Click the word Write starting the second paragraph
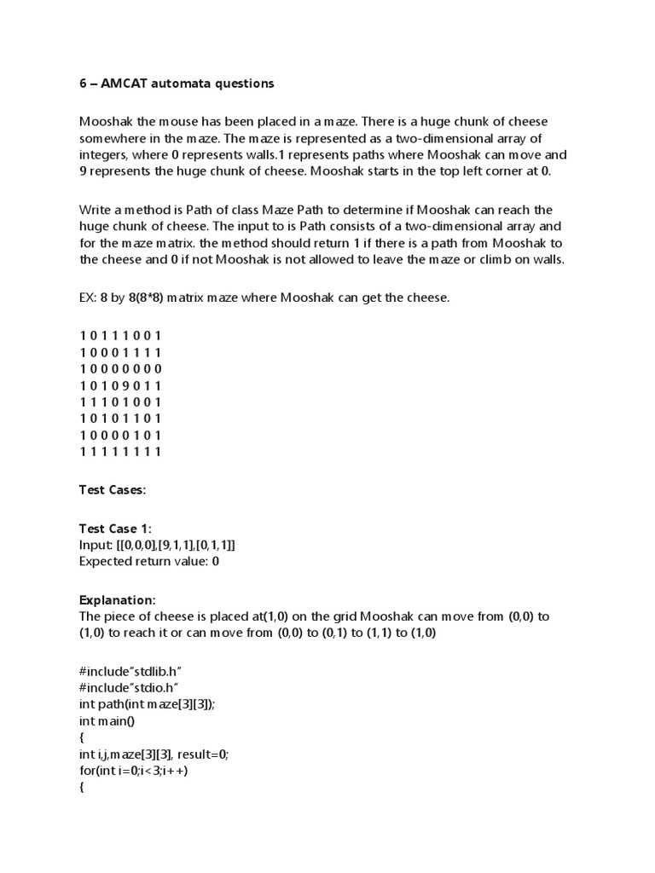click(x=96, y=210)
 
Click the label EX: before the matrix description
click(x=90, y=298)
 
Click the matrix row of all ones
click(x=119, y=451)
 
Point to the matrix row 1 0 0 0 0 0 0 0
click(x=119, y=368)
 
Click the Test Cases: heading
click(x=113, y=490)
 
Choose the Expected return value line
click(x=149, y=561)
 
